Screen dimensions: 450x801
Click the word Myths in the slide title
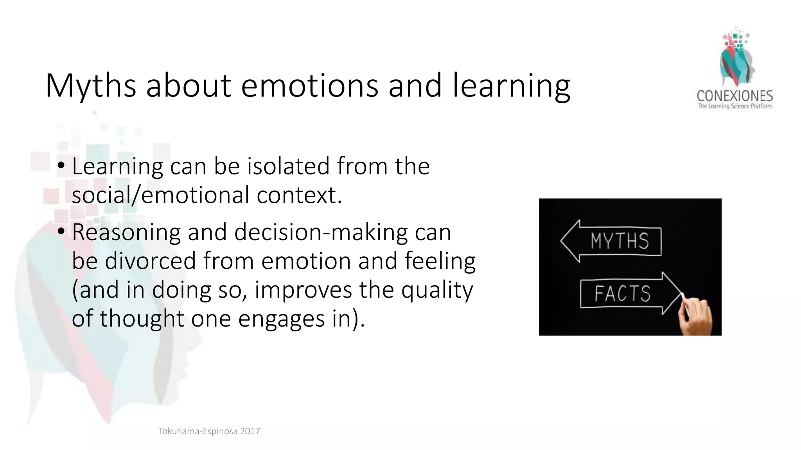[91, 86]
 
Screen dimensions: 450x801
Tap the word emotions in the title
[309, 86]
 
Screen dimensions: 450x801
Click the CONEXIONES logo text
[735, 96]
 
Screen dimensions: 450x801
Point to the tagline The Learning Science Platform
[735, 106]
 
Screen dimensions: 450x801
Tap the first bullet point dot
[61, 166]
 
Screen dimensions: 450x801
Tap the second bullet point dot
[61, 232]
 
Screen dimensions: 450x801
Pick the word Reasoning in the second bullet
[126, 232]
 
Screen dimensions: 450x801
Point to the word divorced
[150, 261]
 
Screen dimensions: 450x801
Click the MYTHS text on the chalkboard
[620, 241]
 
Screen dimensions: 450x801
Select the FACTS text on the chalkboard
[622, 294]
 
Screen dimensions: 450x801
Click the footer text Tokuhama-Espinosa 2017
[209, 431]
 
